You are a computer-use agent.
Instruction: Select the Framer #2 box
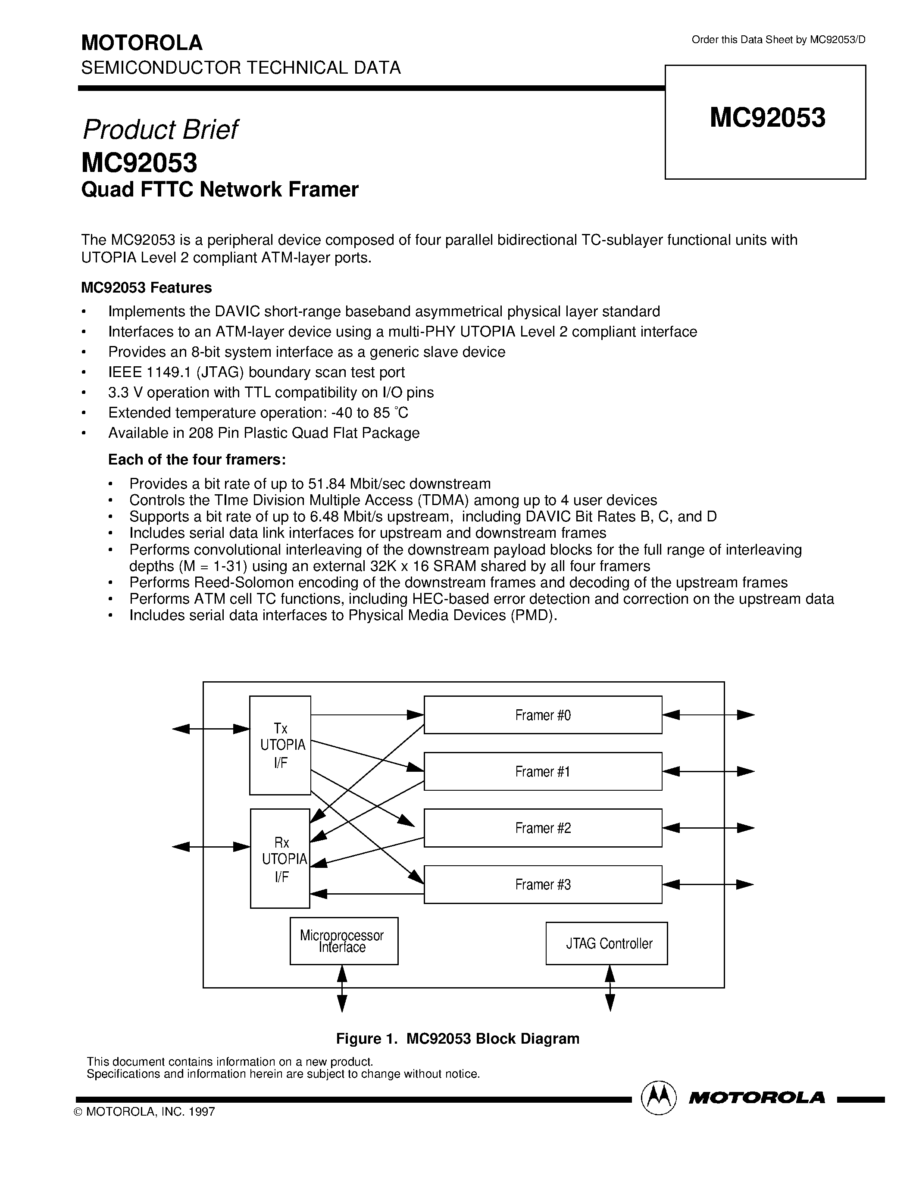tap(543, 827)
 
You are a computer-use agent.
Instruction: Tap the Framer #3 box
tap(543, 884)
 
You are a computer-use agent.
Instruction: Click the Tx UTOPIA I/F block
tap(280, 745)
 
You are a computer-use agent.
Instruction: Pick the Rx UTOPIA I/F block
tap(280, 859)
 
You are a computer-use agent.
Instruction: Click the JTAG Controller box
tap(606, 944)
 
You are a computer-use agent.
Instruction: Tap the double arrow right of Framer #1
tap(708, 771)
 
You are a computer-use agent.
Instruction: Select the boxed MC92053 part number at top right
tap(767, 118)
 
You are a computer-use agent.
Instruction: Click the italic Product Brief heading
tap(159, 130)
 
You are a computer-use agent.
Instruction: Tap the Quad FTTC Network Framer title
tap(220, 189)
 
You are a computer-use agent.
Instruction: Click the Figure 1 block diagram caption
tap(457, 1038)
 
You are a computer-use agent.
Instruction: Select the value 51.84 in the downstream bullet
tap(326, 483)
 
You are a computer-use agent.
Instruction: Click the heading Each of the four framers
tap(197, 460)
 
